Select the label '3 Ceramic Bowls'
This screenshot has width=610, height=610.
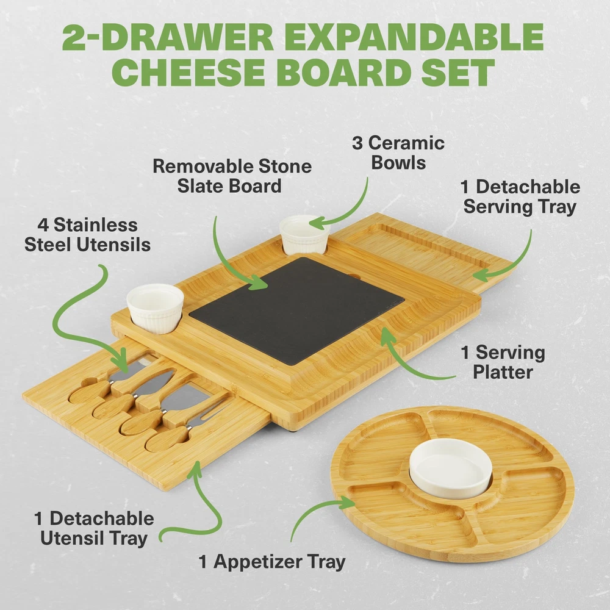pyautogui.click(x=398, y=153)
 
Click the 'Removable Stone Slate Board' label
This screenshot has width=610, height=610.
pyautogui.click(x=232, y=176)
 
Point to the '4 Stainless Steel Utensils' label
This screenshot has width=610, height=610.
pyautogui.click(x=87, y=235)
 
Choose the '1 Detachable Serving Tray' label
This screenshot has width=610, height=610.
pyautogui.click(x=520, y=197)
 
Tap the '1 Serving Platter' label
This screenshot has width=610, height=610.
pyautogui.click(x=503, y=362)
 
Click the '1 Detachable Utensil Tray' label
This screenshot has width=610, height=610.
pyautogui.click(x=94, y=529)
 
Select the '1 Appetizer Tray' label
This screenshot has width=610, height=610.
pyautogui.click(x=272, y=562)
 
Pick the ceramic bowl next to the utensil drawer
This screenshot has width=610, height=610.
pyautogui.click(x=155, y=308)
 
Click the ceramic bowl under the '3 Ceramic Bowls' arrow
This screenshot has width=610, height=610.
pyautogui.click(x=304, y=235)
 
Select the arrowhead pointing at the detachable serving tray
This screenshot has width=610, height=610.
pyautogui.click(x=481, y=275)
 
